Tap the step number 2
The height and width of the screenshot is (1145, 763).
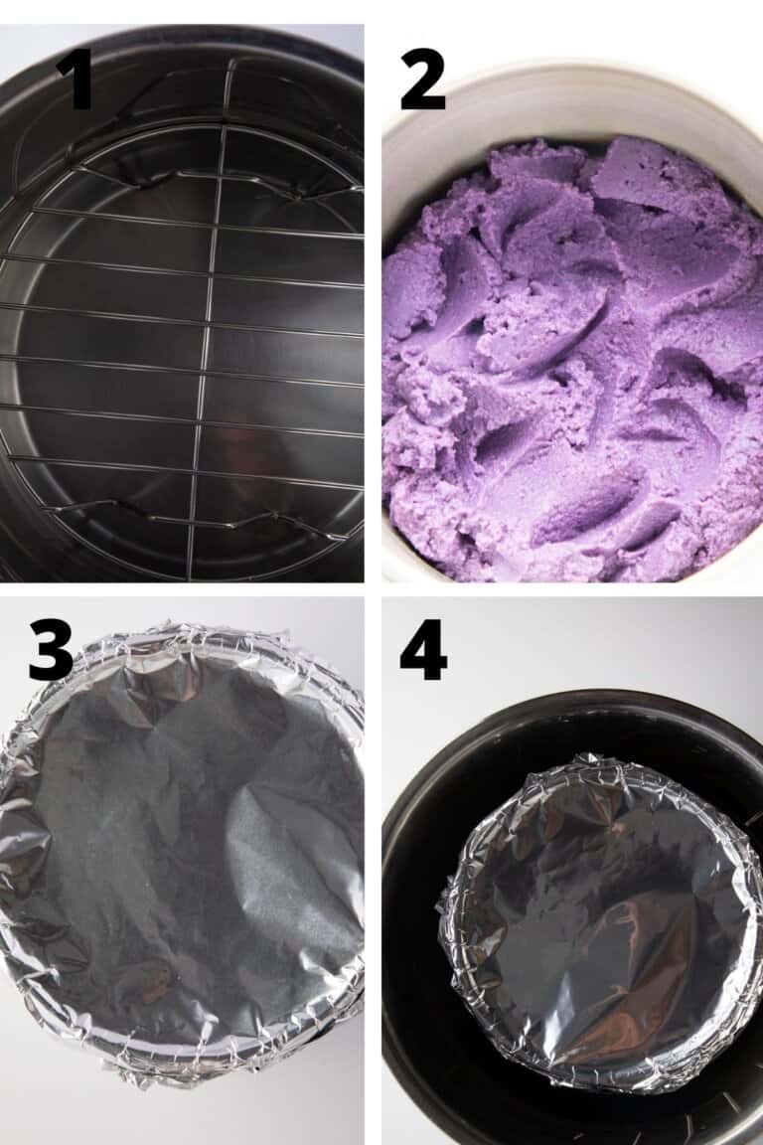(x=422, y=82)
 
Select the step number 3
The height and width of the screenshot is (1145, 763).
(x=50, y=651)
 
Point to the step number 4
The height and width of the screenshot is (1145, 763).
(x=422, y=651)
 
